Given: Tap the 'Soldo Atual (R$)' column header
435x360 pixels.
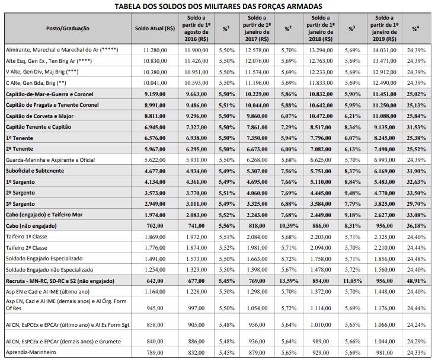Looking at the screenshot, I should [154, 28].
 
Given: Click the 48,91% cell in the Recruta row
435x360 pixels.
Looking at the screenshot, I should [416, 280].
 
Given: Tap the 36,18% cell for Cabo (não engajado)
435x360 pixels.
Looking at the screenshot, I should [416, 225].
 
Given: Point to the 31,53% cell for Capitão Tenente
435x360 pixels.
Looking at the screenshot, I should [416, 126].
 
